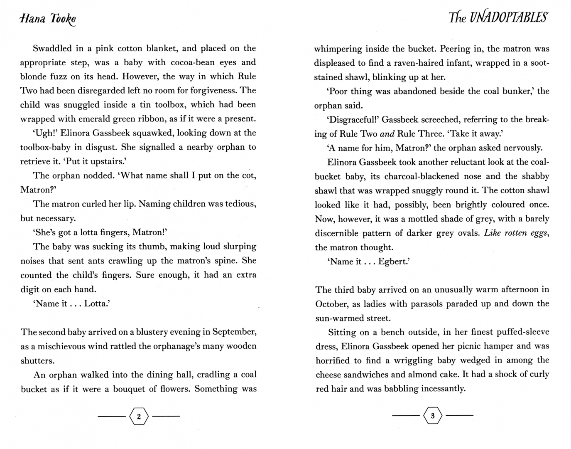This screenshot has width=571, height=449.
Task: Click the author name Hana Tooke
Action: tap(48, 19)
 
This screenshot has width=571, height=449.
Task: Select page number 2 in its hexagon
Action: tap(139, 416)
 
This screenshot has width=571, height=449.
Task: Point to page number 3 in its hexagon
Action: tap(432, 416)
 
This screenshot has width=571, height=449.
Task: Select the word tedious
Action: tap(240, 204)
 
